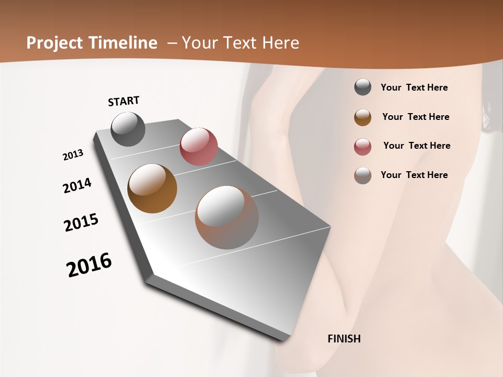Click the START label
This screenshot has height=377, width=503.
tap(124, 101)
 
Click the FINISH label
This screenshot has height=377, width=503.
tap(344, 339)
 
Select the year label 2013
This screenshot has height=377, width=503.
tap(73, 155)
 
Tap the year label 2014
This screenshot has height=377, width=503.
tap(77, 185)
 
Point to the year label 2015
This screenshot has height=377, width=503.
tap(81, 223)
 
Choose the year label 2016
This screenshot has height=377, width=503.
tap(89, 265)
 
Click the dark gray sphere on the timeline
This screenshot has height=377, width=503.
tap(128, 129)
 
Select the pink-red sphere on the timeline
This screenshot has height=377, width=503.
tap(199, 147)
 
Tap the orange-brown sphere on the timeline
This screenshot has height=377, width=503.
tap(152, 188)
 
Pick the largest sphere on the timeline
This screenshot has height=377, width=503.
tap(227, 217)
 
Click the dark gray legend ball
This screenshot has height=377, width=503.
tap(363, 87)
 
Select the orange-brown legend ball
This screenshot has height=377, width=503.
tap(363, 117)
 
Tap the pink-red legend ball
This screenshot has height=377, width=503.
tap(363, 147)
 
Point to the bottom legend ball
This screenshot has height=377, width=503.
tap(363, 175)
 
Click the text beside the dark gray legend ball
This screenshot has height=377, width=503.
tap(414, 87)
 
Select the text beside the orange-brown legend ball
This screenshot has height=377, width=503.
tap(415, 117)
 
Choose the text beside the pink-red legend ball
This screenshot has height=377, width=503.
tap(417, 146)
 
